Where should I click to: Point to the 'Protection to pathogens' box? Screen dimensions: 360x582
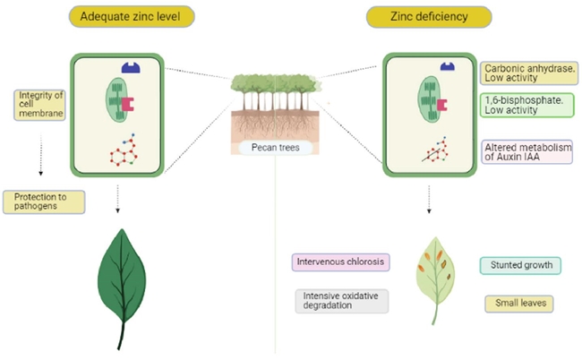click(44, 201)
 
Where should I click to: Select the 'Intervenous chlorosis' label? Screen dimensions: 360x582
click(340, 263)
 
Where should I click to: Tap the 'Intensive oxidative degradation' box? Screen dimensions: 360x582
click(340, 300)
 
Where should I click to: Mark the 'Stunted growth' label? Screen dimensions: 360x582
click(520, 265)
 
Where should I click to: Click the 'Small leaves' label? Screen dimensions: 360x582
click(518, 304)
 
